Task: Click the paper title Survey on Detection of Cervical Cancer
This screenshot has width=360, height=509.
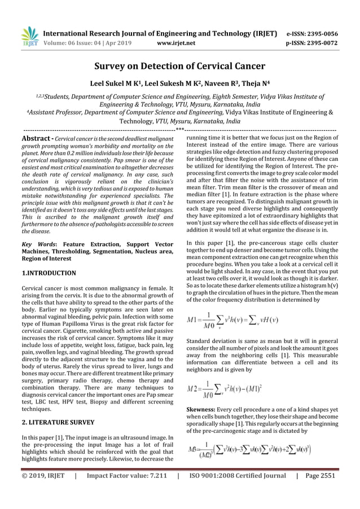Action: [179, 66]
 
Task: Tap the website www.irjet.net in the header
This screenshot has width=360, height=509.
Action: [176, 41]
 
